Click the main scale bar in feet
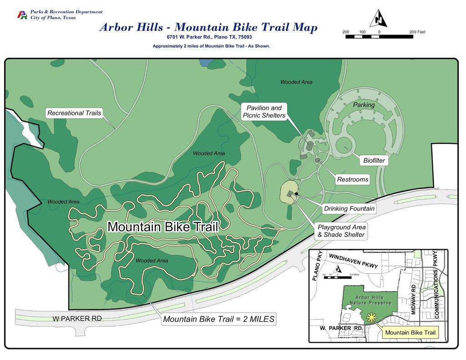[379, 36]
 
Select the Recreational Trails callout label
[75, 113]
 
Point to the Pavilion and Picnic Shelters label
[264, 112]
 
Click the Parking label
[364, 105]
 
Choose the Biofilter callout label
[374, 161]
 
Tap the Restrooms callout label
[352, 180]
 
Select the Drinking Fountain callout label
[349, 209]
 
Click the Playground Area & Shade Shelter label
[341, 231]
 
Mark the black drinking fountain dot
[296, 194]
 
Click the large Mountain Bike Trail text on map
[162, 226]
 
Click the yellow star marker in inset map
[372, 318]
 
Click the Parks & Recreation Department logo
[22, 15]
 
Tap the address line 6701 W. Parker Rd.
[209, 37]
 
